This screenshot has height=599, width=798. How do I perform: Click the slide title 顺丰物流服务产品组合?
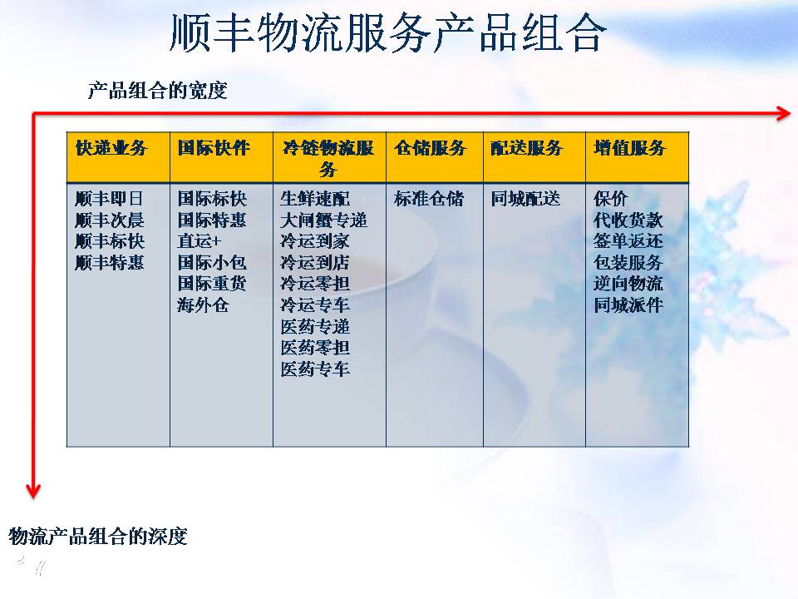click(x=388, y=32)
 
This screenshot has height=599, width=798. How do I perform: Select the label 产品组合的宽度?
click(x=157, y=91)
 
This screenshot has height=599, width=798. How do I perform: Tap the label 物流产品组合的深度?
click(x=98, y=536)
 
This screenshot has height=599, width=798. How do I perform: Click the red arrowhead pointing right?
click(x=784, y=113)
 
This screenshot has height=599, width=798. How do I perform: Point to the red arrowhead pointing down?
click(x=33, y=491)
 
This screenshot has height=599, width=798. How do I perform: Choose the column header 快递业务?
click(x=111, y=148)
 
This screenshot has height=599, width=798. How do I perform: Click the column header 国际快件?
click(x=214, y=148)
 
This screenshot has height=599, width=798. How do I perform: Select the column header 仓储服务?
click(x=430, y=148)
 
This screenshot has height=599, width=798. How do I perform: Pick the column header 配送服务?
click(x=527, y=148)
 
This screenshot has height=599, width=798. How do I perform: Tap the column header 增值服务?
click(x=629, y=148)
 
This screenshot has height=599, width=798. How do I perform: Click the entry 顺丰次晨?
click(x=110, y=220)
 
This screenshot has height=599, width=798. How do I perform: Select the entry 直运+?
click(x=199, y=241)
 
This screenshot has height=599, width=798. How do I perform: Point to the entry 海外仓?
click(x=203, y=304)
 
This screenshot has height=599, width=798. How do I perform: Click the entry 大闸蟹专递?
click(x=323, y=220)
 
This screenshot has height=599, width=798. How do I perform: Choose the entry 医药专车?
click(x=315, y=369)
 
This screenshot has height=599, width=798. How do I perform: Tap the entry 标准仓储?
click(x=429, y=198)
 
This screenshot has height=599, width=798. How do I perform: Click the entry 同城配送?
click(x=525, y=198)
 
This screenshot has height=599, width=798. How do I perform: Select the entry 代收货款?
click(x=628, y=220)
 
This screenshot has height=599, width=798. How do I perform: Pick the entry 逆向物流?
click(x=628, y=283)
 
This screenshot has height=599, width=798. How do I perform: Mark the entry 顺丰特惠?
click(x=110, y=262)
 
